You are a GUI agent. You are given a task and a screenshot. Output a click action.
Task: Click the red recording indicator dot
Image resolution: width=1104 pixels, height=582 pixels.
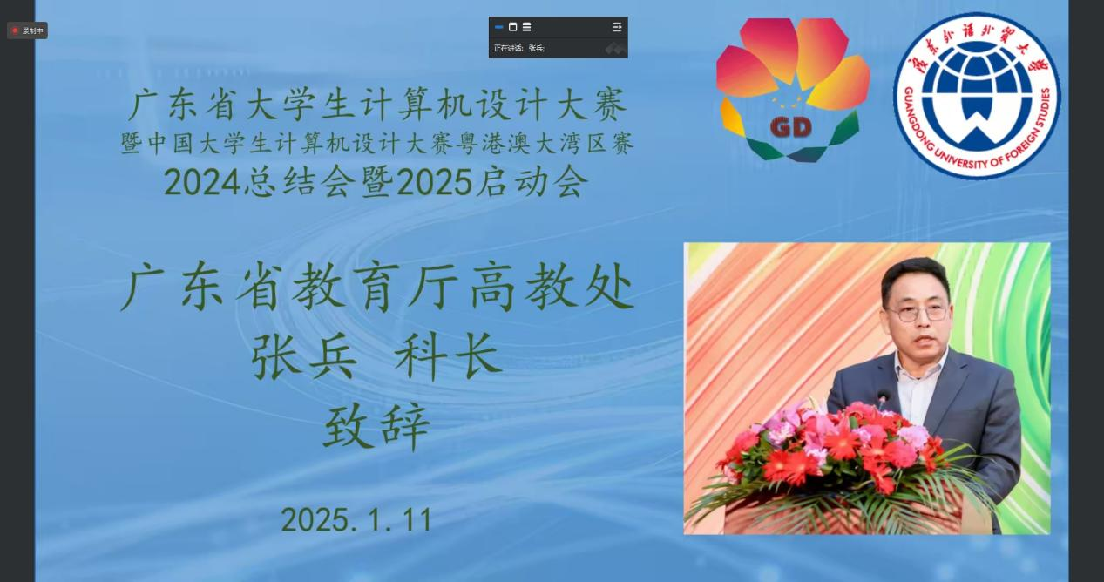pyautogui.click(x=15, y=30)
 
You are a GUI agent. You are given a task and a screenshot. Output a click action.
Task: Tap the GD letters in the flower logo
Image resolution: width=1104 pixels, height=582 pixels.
pyautogui.click(x=790, y=127)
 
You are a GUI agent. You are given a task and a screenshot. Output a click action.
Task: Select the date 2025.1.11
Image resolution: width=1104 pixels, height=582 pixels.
pyautogui.click(x=357, y=519)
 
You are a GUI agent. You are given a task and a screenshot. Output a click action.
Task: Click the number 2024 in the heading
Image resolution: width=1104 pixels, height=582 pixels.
pyautogui.click(x=202, y=183)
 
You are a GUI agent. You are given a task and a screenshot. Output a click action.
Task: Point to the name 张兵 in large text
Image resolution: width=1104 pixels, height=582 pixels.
pyautogui.click(x=304, y=355)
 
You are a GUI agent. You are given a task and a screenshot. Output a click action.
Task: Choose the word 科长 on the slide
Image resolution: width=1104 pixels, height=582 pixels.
pyautogui.click(x=449, y=355)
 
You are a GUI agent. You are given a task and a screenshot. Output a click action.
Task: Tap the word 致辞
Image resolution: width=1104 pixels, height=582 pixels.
pyautogui.click(x=377, y=426)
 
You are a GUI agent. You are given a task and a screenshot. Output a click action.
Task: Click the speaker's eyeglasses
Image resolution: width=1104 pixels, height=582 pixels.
pyautogui.click(x=918, y=313)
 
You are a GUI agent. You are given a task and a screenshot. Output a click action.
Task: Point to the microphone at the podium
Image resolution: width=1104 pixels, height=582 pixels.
pyautogui.click(x=882, y=397)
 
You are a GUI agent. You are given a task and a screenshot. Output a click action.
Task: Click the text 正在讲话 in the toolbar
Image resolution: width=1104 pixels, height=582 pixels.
pyautogui.click(x=508, y=48)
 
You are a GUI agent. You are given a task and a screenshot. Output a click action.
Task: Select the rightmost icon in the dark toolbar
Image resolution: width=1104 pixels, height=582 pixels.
pyautogui.click(x=617, y=27)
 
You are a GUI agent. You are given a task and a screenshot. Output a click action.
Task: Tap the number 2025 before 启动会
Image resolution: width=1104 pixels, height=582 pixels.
pyautogui.click(x=434, y=183)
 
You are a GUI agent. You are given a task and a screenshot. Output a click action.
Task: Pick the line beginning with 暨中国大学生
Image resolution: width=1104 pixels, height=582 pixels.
pyautogui.click(x=377, y=144)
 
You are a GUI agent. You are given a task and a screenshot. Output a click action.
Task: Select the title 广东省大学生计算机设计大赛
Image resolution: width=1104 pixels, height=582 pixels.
pyautogui.click(x=377, y=105)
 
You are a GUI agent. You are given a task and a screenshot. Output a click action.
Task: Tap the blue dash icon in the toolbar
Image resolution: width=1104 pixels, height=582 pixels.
pyautogui.click(x=498, y=27)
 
